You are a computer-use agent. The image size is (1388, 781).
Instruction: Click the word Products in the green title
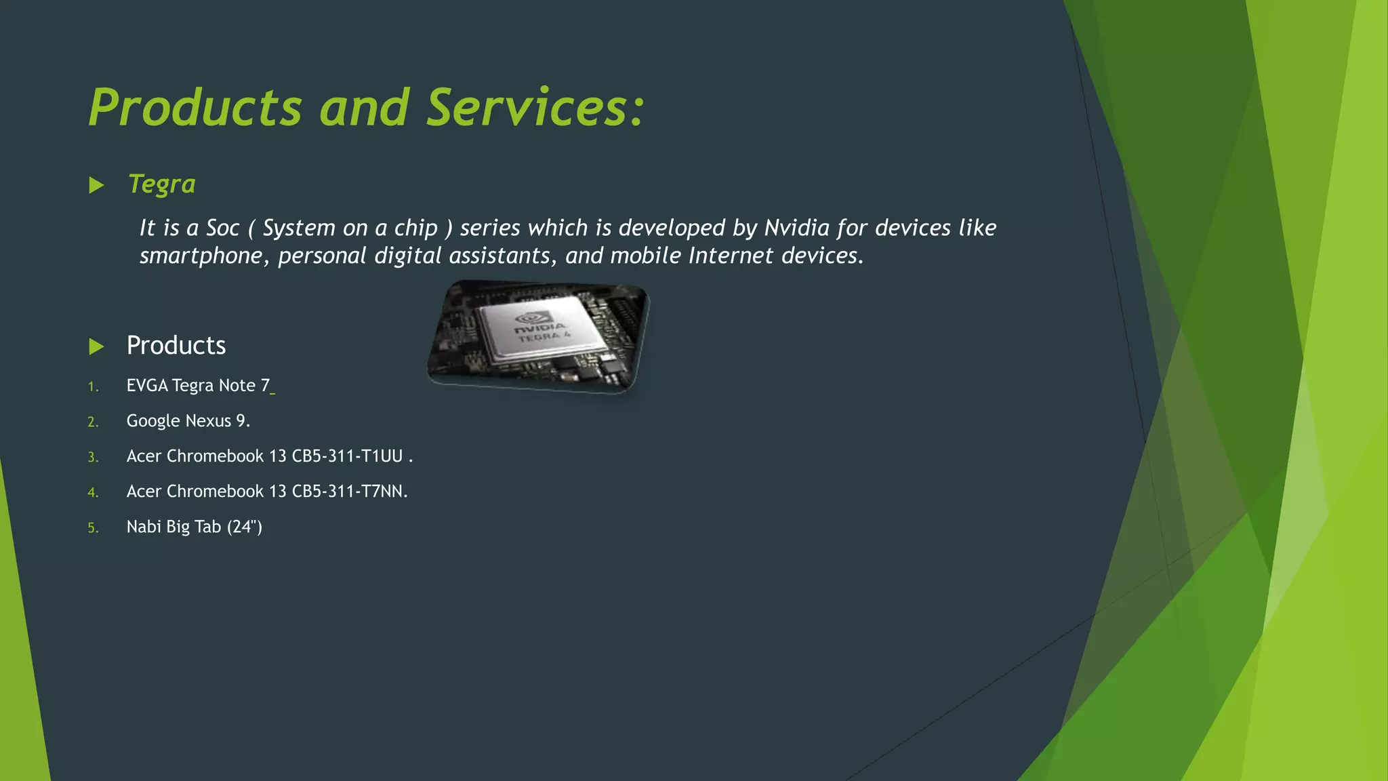pos(195,108)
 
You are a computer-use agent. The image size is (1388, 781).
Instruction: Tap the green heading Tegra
pos(162,184)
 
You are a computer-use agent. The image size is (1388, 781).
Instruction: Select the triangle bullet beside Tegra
pos(96,185)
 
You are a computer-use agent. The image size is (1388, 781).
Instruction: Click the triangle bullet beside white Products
pos(96,346)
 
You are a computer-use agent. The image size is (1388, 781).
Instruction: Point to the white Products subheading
pos(176,346)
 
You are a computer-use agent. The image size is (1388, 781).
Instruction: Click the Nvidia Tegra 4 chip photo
pos(538,336)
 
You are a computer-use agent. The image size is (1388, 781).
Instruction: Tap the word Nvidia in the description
pos(797,228)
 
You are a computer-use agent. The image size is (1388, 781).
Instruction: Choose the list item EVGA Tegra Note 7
pos(198,386)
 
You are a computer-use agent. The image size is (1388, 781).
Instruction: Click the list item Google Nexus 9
pos(188,421)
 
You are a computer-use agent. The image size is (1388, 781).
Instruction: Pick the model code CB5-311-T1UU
pos(347,456)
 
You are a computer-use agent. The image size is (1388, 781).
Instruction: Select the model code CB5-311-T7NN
pos(347,492)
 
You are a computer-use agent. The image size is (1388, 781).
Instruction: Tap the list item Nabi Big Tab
pos(194,527)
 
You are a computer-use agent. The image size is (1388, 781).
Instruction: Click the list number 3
pos(93,458)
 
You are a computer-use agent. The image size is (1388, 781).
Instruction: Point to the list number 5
pos(93,528)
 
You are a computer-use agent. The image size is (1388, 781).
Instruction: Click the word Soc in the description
pos(223,228)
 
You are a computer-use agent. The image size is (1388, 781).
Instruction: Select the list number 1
pos(93,387)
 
